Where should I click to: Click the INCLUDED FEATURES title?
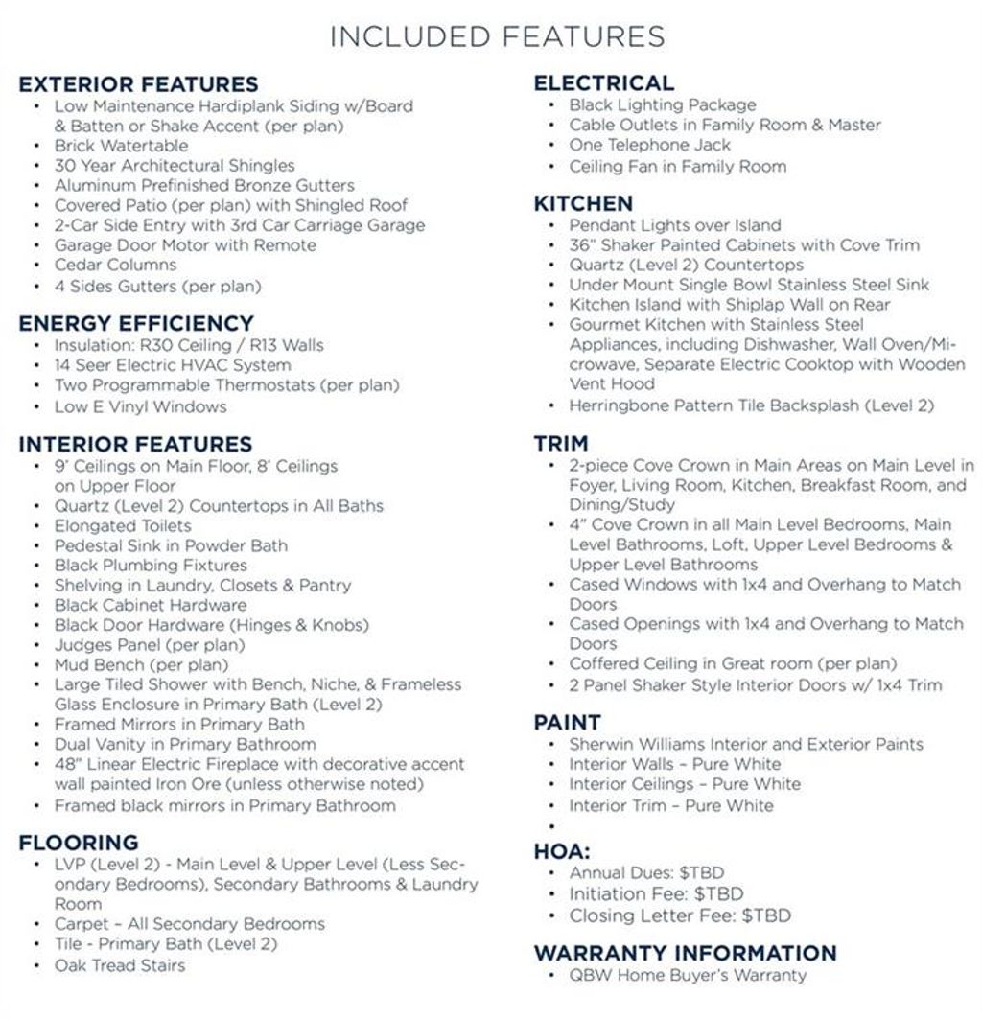tap(497, 36)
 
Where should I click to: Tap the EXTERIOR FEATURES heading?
tap(138, 84)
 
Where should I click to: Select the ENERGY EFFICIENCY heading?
tap(136, 323)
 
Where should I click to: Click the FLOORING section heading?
tap(79, 843)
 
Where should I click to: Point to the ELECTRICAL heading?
tap(603, 83)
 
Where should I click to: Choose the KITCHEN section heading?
tap(583, 203)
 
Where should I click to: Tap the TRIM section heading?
tap(561, 443)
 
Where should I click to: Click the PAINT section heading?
tap(567, 722)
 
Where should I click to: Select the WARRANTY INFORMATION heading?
tap(685, 953)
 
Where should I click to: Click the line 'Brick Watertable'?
tap(121, 146)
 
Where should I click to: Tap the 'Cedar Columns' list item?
tap(115, 265)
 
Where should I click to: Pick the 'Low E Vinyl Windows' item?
tap(140, 406)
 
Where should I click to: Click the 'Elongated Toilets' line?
tap(123, 525)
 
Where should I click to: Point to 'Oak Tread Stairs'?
tap(120, 964)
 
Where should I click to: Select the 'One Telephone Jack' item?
tap(649, 145)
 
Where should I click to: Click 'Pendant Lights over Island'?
tap(675, 225)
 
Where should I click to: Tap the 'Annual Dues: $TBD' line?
tap(646, 873)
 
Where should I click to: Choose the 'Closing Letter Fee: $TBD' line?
tap(680, 915)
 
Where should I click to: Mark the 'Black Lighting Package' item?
tap(663, 104)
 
